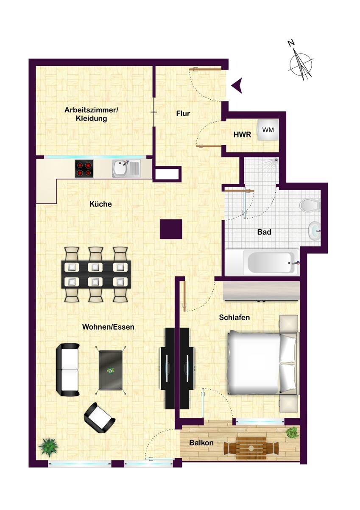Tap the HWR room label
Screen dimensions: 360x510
coord(242,135)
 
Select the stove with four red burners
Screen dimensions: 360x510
coord(84,169)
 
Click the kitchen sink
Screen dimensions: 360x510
coord(126,169)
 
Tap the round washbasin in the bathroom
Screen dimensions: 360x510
coord(314,230)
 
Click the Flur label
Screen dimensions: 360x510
coord(183,113)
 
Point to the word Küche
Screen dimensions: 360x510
coord(100,204)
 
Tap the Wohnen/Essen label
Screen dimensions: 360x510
coord(108,327)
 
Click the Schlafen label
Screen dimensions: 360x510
coord(234,317)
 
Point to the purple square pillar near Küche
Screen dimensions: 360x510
coord(171,229)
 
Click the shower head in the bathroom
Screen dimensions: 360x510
coord(276,160)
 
